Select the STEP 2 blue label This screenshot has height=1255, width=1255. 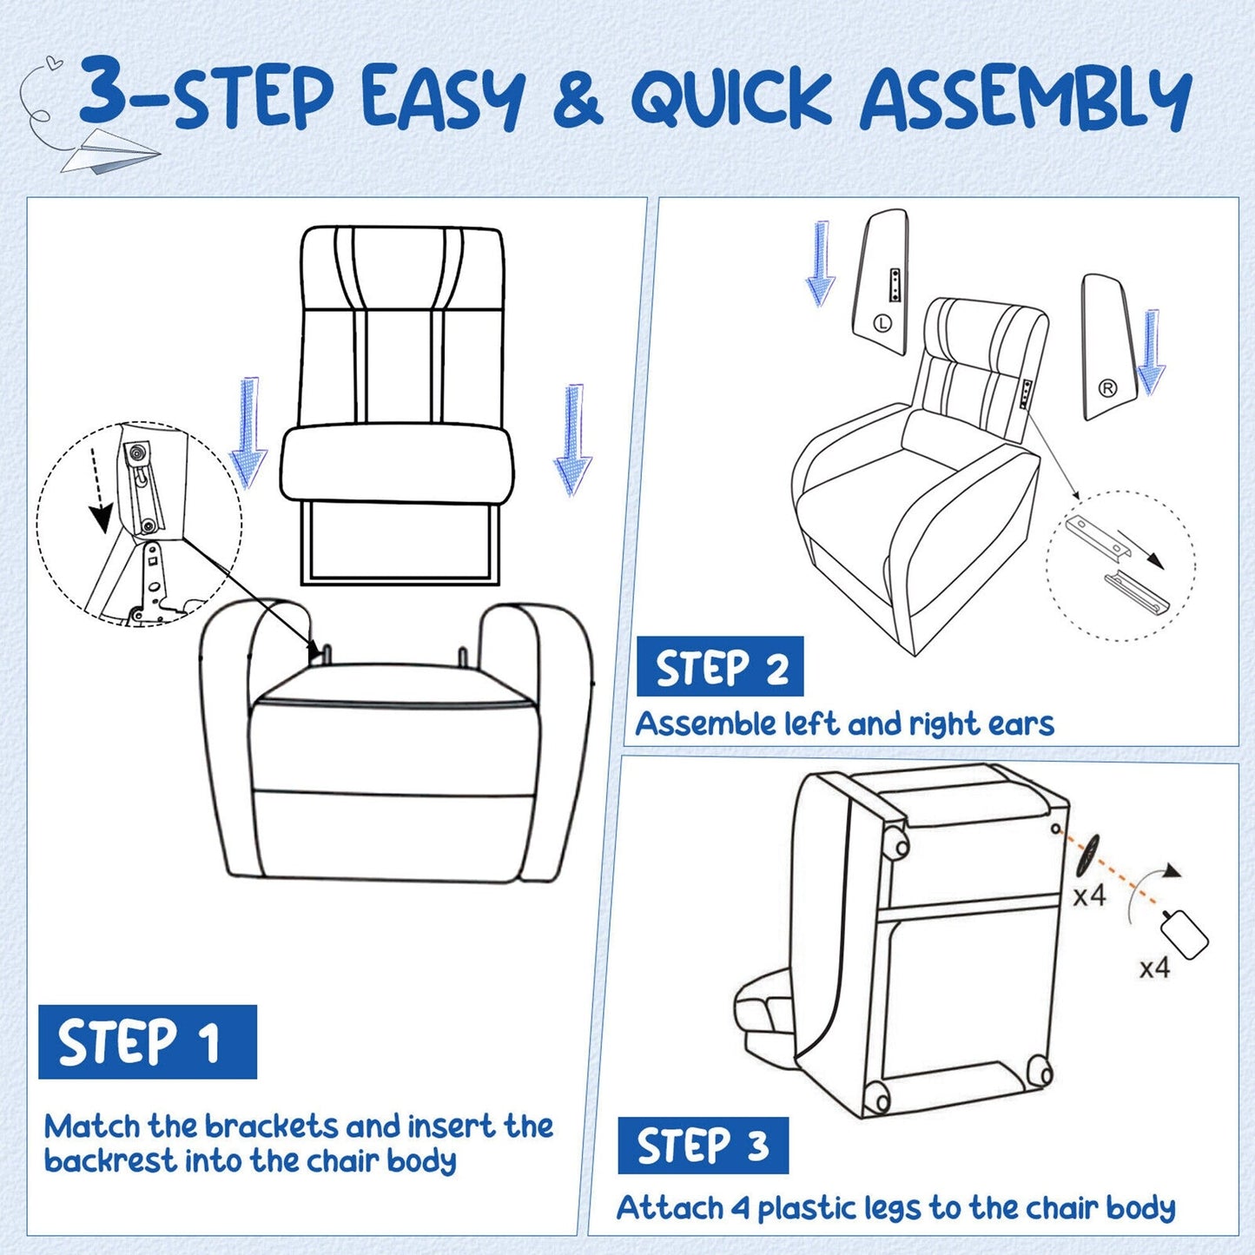click(x=720, y=667)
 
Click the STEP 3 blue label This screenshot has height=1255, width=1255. click(x=703, y=1146)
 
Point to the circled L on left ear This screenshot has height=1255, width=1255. click(x=882, y=323)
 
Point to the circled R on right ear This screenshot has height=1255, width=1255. click(x=1107, y=388)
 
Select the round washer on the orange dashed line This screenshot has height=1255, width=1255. click(x=1087, y=855)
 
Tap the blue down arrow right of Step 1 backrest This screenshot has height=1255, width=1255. click(x=572, y=439)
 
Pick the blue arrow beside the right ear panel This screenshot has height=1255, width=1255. click(x=1151, y=352)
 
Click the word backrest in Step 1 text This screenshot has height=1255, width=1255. click(x=110, y=1161)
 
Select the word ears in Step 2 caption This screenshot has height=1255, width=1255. click(x=1021, y=723)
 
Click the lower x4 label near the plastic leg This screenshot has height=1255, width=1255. click(x=1154, y=968)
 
